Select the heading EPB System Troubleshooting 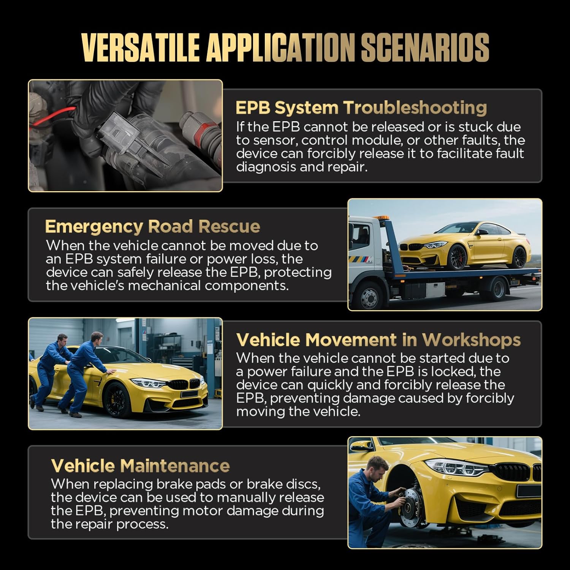point(361,108)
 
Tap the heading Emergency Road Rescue point(152,226)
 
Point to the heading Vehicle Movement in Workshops point(378,340)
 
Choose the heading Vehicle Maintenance point(140,466)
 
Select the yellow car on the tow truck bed point(464,245)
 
